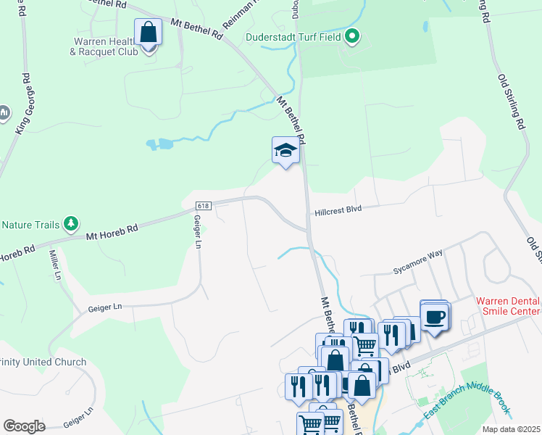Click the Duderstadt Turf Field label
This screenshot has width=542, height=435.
293,36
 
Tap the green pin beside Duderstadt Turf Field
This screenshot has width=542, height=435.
352,36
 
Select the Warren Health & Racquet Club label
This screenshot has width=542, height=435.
102,46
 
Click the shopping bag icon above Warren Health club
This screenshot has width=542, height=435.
148,33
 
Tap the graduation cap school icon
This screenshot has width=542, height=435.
285,151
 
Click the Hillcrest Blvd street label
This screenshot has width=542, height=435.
338,210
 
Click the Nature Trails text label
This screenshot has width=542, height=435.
29,225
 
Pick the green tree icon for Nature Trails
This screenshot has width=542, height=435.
71,223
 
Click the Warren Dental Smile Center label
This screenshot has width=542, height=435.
508,306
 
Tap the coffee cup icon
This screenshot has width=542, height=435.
435,317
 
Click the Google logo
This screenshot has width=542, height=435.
25,426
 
